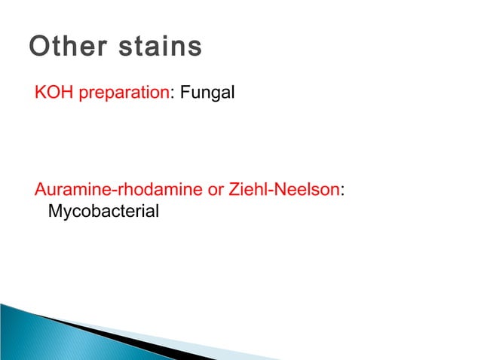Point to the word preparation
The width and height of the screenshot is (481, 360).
122,95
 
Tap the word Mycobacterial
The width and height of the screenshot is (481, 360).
103,212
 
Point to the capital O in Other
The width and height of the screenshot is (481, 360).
38,47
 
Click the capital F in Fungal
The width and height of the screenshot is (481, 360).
183,94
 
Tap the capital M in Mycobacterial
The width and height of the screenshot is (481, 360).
54,212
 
